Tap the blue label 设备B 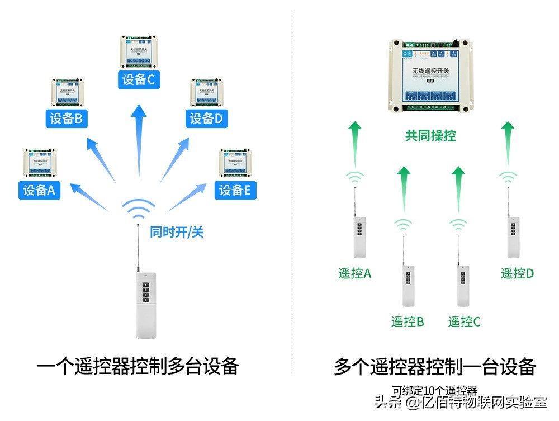pyautogui.click(x=67, y=119)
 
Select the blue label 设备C pyautogui.click(x=138, y=79)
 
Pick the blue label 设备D pyautogui.click(x=206, y=119)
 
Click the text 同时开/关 pyautogui.click(x=177, y=232)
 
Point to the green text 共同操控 pyautogui.click(x=430, y=135)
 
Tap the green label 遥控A pyautogui.click(x=354, y=273)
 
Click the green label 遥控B pyautogui.click(x=408, y=321)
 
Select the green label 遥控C pyautogui.click(x=464, y=321)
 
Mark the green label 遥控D pyautogui.click(x=517, y=273)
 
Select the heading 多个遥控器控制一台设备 pyautogui.click(x=434, y=367)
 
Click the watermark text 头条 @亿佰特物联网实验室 pyautogui.click(x=459, y=403)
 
